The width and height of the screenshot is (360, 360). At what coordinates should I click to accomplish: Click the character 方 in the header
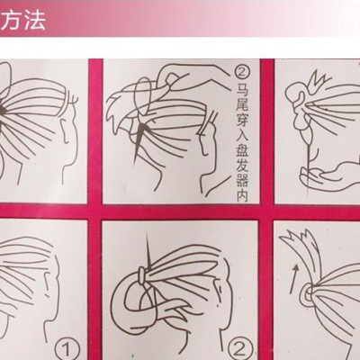(x=12, y=20)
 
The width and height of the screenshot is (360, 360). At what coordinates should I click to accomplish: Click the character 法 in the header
(x=35, y=20)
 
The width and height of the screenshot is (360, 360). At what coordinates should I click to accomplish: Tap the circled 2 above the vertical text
(x=242, y=73)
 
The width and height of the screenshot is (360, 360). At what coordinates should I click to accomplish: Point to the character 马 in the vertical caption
(x=242, y=89)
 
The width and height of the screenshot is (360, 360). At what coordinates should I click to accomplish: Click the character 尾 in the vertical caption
(x=242, y=105)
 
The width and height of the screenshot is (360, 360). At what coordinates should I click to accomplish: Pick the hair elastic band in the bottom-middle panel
(x=142, y=276)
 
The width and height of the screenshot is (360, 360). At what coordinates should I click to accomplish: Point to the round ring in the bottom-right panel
(x=304, y=294)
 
